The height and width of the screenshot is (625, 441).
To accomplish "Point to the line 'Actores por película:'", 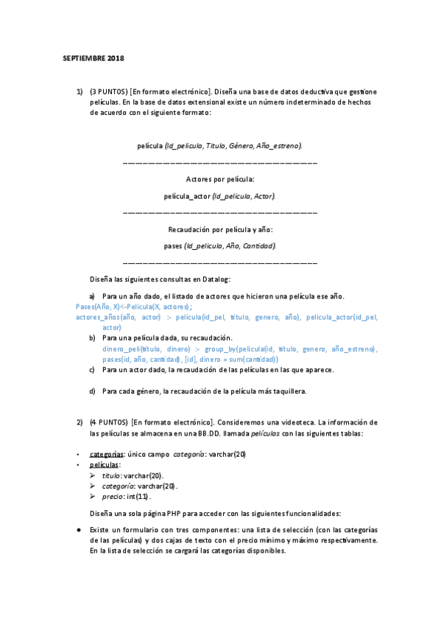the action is click(x=219, y=178).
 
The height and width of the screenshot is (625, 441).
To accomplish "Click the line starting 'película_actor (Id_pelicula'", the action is click(x=219, y=196).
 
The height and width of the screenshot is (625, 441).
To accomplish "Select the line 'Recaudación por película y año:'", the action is click(x=219, y=229).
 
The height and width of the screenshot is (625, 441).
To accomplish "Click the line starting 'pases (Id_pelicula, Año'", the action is click(x=219, y=245).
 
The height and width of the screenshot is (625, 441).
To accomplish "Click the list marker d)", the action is click(x=92, y=391).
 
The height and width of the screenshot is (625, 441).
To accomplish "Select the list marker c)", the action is click(x=92, y=369).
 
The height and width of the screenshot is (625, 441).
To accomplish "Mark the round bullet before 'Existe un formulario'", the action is click(x=79, y=531).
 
